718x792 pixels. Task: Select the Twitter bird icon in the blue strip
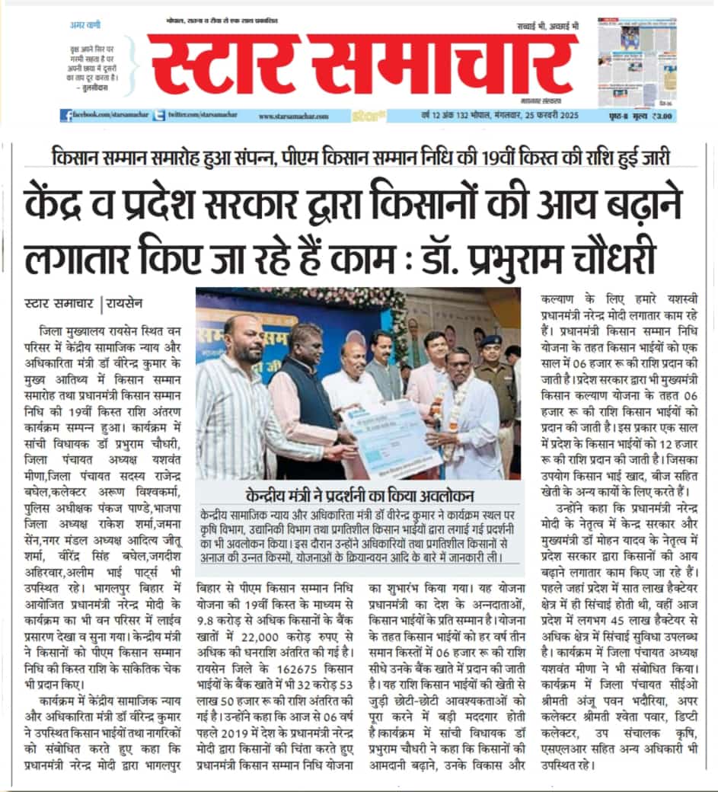[159, 116]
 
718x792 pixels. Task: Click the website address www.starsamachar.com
[293, 117]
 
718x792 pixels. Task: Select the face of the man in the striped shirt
[242, 343]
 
